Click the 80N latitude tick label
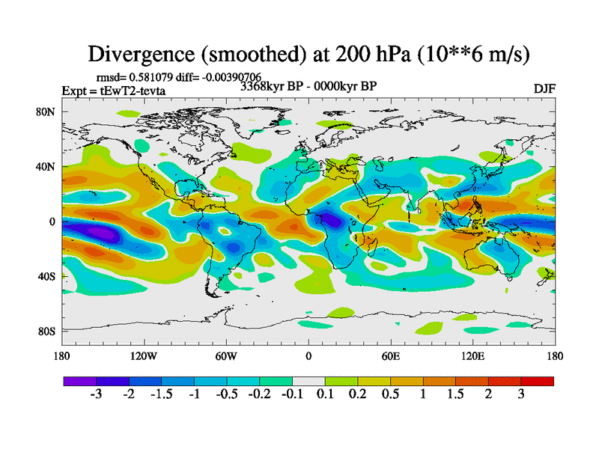47,112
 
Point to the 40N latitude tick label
47,167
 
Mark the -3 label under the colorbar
96,395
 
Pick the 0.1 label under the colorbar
324,395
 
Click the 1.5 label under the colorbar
455,395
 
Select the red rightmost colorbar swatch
538,381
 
